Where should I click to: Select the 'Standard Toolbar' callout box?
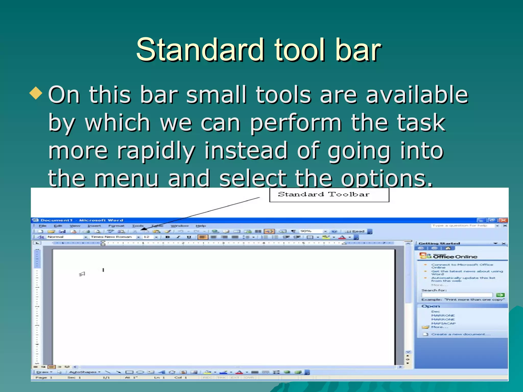coord(329,195)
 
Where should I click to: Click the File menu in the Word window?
coord(43,226)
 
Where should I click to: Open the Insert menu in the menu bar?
coord(94,226)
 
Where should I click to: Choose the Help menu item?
coord(201,226)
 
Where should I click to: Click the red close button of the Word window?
coord(504,220)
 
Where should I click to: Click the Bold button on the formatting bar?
coord(168,237)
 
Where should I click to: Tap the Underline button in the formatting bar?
coord(189,237)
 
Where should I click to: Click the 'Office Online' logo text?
coord(455,257)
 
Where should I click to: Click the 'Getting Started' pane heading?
coord(439,243)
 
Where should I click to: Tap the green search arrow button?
coord(500,295)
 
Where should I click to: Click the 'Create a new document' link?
coord(460,334)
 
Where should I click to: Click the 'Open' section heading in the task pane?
coord(431,306)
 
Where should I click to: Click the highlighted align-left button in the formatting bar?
coord(203,237)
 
